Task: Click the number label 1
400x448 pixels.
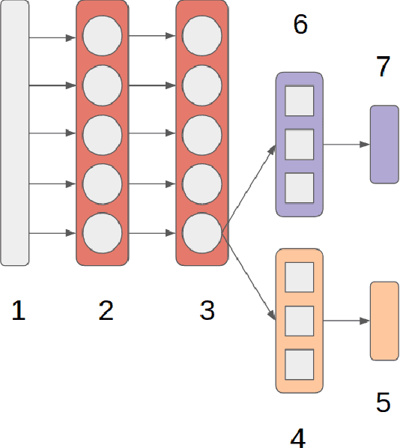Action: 19,310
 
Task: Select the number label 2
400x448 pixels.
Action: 106,310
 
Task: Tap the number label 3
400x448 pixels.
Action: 207,310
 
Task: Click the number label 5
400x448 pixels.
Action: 383,403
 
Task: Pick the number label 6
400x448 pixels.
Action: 300,25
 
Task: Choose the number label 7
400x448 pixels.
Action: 384,67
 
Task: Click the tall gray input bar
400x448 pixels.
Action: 15,133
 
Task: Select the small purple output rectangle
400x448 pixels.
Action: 384,145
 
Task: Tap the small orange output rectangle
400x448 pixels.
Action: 384,321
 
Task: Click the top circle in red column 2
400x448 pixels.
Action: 103,36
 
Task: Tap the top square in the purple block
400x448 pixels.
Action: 300,101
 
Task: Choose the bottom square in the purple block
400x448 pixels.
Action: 300,187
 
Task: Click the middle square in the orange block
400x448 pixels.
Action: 300,321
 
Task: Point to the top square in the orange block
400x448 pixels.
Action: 300,277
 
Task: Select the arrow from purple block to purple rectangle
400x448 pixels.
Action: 346,145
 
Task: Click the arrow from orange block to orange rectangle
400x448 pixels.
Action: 346,321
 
